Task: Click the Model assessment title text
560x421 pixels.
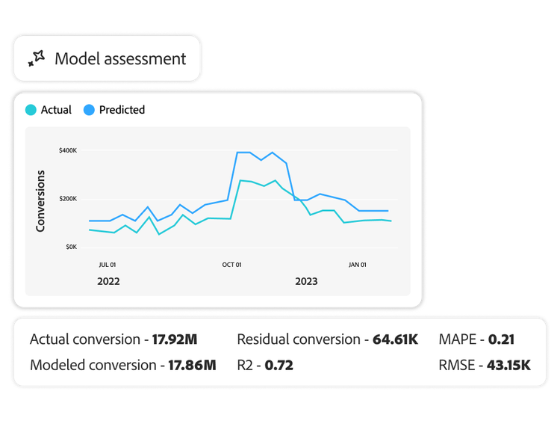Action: (120, 58)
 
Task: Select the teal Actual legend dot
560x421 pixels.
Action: (31, 110)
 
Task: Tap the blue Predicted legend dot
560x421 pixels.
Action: (89, 110)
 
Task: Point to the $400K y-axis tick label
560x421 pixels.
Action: (67, 151)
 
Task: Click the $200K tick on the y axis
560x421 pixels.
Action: (67, 199)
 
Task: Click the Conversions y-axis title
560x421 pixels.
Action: (41, 200)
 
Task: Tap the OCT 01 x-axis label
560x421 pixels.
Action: (232, 265)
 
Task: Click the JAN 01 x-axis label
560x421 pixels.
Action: (358, 265)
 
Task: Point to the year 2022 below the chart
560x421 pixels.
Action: (109, 282)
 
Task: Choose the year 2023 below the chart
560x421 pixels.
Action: (306, 282)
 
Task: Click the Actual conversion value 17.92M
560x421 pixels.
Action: (175, 339)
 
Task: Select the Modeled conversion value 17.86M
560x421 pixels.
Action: (190, 366)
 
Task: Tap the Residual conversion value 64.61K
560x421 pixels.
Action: (395, 339)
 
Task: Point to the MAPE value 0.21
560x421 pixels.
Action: (502, 339)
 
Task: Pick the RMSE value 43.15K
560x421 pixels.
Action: (505, 366)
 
